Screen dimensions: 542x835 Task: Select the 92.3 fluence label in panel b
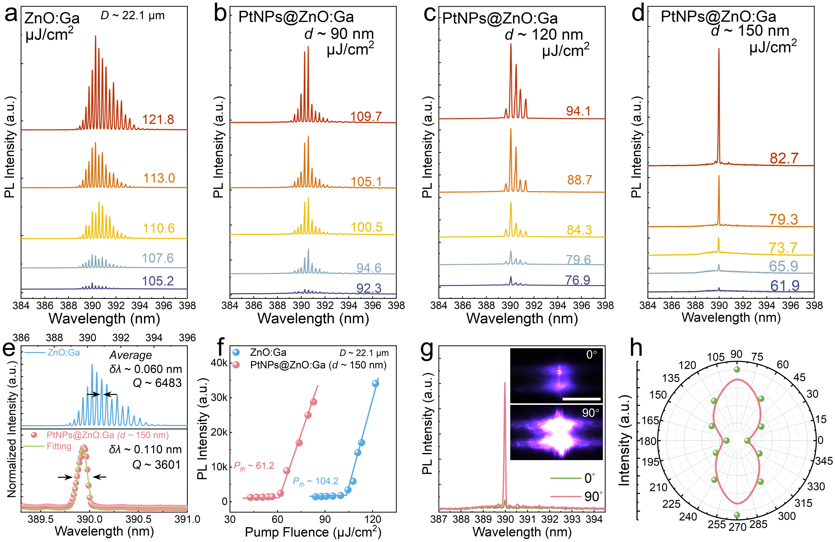pos(369,288)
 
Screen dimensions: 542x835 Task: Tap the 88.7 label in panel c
pos(579,180)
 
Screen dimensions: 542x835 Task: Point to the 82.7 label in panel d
pos(784,158)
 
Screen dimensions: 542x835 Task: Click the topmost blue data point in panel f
pos(375,383)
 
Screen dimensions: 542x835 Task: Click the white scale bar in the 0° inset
pos(581,399)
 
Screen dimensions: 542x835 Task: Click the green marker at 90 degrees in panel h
pos(737,369)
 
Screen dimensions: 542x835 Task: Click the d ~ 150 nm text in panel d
pos(750,31)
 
